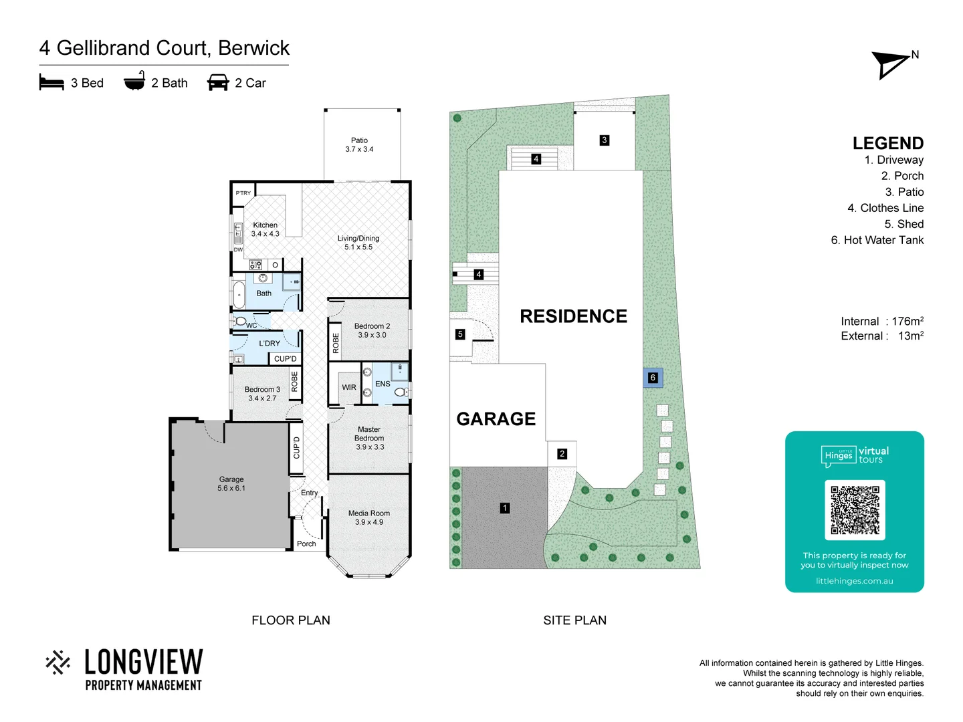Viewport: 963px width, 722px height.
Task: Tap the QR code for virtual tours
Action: [855, 510]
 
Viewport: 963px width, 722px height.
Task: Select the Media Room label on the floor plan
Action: [369, 517]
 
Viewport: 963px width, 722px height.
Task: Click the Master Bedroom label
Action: [369, 438]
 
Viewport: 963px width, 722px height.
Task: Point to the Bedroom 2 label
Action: [372, 330]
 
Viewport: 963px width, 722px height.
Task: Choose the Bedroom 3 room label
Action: [262, 393]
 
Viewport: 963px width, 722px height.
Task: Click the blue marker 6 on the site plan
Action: [653, 378]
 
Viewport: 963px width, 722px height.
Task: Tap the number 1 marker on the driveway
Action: [505, 508]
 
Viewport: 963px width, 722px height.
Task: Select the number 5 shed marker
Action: [460, 334]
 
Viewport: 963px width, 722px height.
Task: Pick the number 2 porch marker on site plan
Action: [562, 454]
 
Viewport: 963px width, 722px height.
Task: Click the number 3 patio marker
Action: [605, 140]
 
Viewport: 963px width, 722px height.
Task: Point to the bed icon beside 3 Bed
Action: [51, 83]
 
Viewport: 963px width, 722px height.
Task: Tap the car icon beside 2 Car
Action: [218, 83]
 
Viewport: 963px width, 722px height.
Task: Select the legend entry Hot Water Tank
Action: [877, 240]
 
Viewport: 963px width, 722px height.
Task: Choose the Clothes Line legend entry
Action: [885, 208]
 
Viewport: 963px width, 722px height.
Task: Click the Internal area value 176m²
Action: [907, 322]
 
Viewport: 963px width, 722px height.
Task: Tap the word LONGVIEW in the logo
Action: [144, 662]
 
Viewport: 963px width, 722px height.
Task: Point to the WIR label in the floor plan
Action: [349, 387]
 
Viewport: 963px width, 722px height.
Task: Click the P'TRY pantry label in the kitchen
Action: [243, 193]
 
